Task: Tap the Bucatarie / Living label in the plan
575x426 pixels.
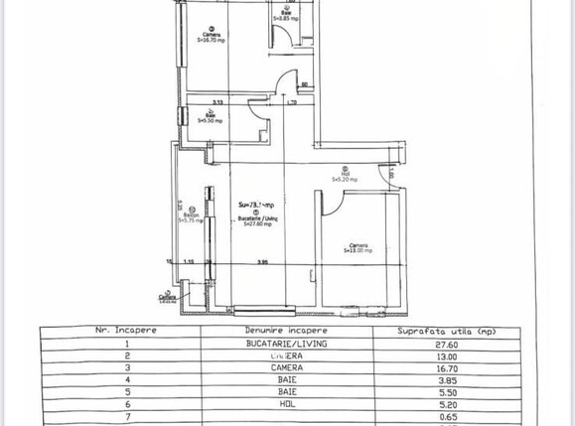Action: click(257, 217)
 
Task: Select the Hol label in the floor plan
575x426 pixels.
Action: click(345, 175)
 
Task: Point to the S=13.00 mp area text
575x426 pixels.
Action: click(359, 251)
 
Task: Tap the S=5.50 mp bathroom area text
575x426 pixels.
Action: click(211, 120)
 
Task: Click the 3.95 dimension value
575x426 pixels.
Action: click(262, 262)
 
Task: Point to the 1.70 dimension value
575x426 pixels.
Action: click(292, 102)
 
